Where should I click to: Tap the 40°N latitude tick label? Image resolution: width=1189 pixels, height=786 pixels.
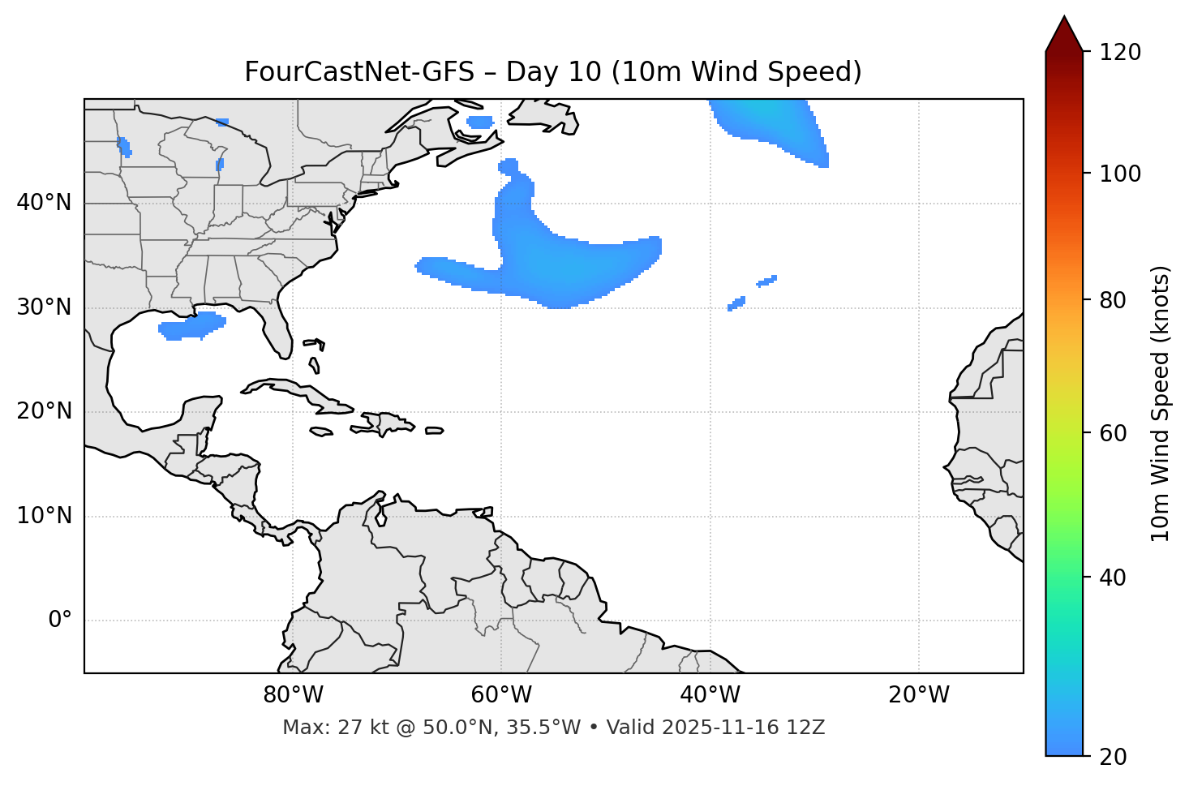click(44, 203)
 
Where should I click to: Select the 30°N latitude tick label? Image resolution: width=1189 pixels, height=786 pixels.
click(44, 307)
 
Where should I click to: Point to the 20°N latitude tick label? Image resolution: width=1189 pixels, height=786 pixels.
click(44, 411)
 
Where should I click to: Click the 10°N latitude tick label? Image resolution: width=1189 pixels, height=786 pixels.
click(44, 516)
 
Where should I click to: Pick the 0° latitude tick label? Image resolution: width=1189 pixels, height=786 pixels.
click(60, 621)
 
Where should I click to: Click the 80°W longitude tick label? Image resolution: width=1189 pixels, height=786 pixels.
click(293, 695)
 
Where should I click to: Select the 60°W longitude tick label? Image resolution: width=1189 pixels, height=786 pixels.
click(501, 695)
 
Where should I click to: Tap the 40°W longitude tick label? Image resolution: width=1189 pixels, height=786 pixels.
click(710, 695)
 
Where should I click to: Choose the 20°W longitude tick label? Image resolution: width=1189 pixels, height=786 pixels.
click(918, 695)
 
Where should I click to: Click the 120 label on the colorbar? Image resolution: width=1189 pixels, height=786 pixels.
click(1120, 52)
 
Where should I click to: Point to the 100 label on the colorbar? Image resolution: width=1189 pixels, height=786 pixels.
click(1120, 174)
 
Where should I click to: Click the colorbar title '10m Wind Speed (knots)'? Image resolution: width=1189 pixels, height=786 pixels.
click(1161, 403)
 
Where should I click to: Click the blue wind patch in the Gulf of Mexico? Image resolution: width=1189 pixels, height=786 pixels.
click(191, 326)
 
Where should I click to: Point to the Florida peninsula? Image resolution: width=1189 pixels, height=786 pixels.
click(277, 329)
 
